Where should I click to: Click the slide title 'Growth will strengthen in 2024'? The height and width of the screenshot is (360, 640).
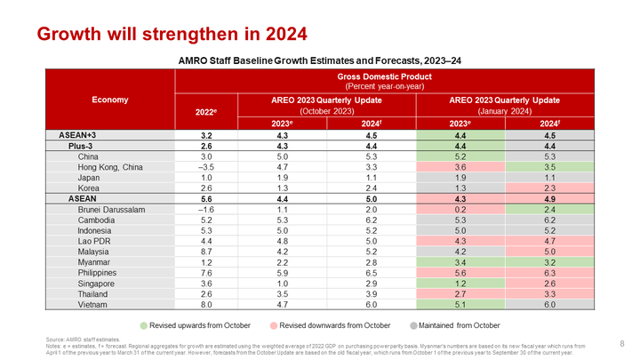(171, 35)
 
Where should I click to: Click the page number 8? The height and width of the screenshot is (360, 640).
(620, 342)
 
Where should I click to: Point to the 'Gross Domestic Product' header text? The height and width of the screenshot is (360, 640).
(396, 76)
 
